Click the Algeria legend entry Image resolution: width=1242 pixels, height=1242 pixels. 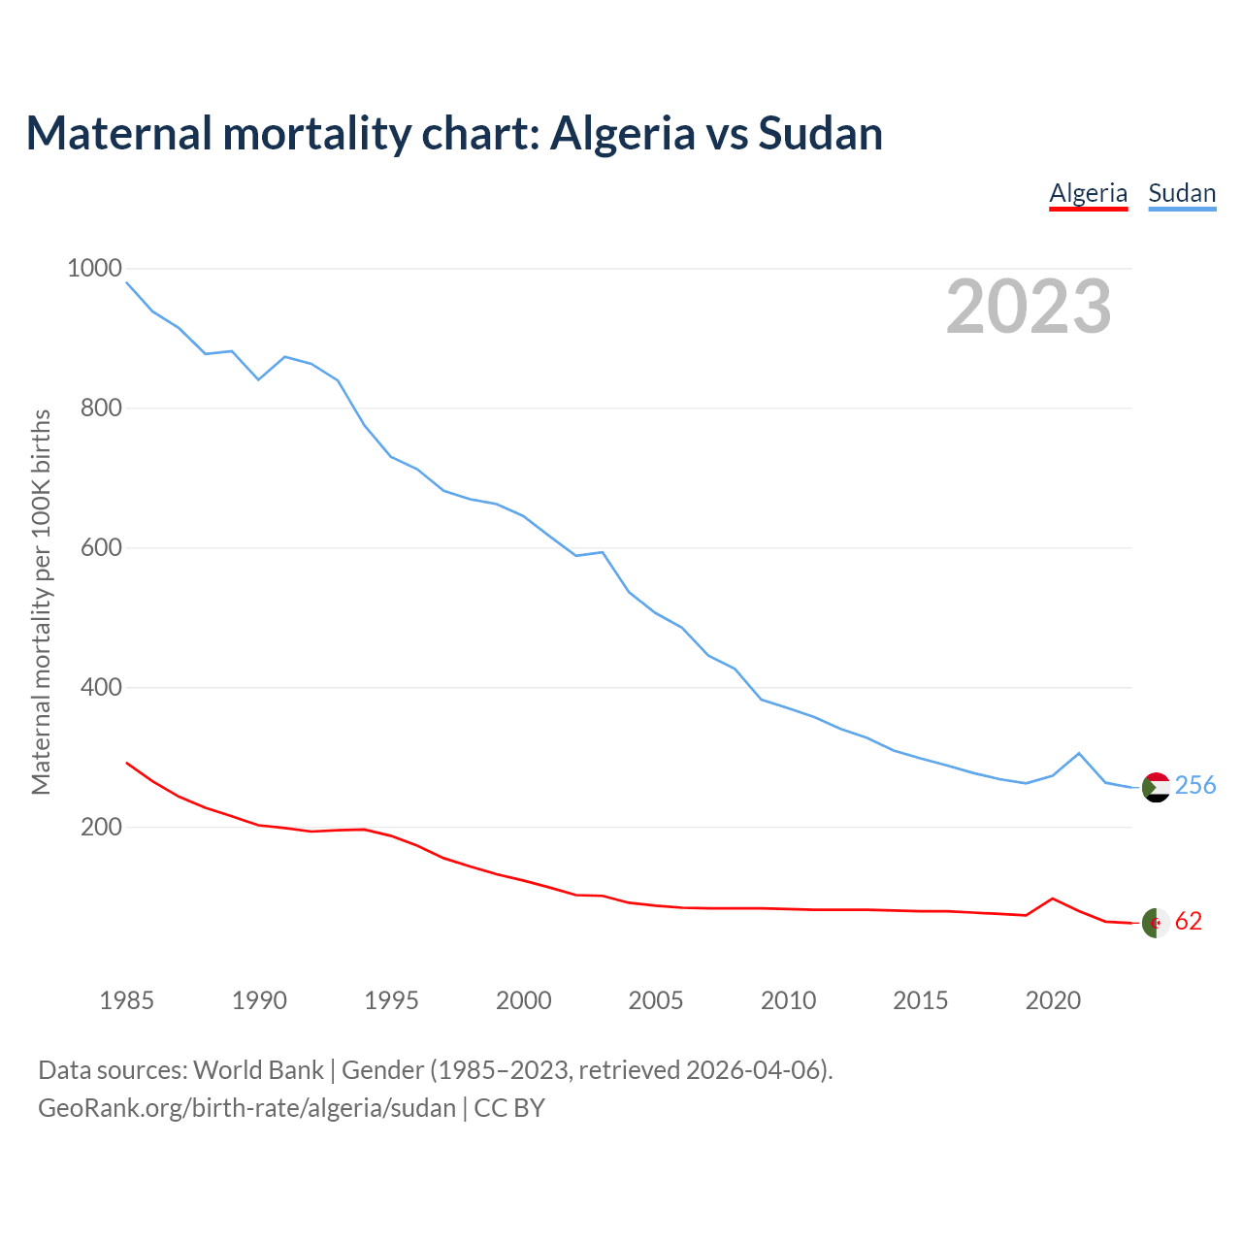[x=1088, y=193]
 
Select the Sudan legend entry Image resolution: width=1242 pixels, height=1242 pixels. [x=1182, y=193]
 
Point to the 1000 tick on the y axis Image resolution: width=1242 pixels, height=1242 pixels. [x=94, y=269]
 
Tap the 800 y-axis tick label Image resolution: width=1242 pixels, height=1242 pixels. [x=101, y=409]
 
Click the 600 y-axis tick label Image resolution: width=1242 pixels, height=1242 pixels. [x=101, y=548]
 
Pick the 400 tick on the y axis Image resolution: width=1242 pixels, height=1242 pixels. [x=101, y=688]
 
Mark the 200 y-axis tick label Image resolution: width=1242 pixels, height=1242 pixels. [x=101, y=828]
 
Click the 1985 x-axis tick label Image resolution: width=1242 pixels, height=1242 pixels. [x=127, y=1000]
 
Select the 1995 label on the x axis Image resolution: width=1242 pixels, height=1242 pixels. [x=391, y=1000]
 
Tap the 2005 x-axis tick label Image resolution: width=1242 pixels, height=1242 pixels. [x=656, y=1000]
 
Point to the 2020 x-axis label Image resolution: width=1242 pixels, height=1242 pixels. [x=1053, y=1000]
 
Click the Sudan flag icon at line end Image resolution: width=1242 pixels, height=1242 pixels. [x=1156, y=787]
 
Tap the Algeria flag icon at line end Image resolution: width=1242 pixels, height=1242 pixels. [x=1156, y=923]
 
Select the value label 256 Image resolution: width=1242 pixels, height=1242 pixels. [x=1195, y=786]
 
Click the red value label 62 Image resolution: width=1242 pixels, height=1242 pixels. [x=1189, y=922]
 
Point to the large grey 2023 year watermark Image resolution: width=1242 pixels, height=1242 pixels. [x=1029, y=307]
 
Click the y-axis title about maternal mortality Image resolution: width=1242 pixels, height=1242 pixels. [x=41, y=602]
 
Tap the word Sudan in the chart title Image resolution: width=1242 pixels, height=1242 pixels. [x=820, y=133]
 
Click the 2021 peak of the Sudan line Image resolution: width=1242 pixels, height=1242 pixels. [x=1079, y=753]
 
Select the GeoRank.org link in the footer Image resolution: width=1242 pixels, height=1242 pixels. [x=246, y=1108]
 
